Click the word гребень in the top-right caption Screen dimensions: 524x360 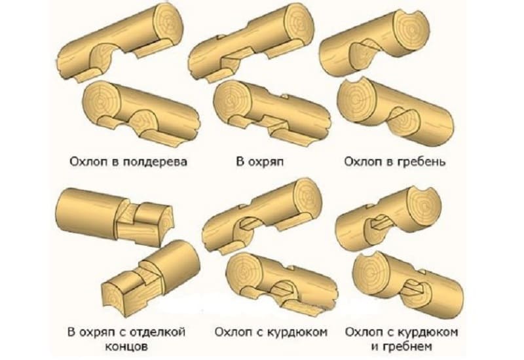click(421, 162)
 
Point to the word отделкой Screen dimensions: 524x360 click(157, 333)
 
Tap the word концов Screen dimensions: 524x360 click(126, 347)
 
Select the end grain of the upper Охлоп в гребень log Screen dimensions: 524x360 click(412, 27)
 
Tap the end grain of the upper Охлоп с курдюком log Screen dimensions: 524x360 click(306, 198)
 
